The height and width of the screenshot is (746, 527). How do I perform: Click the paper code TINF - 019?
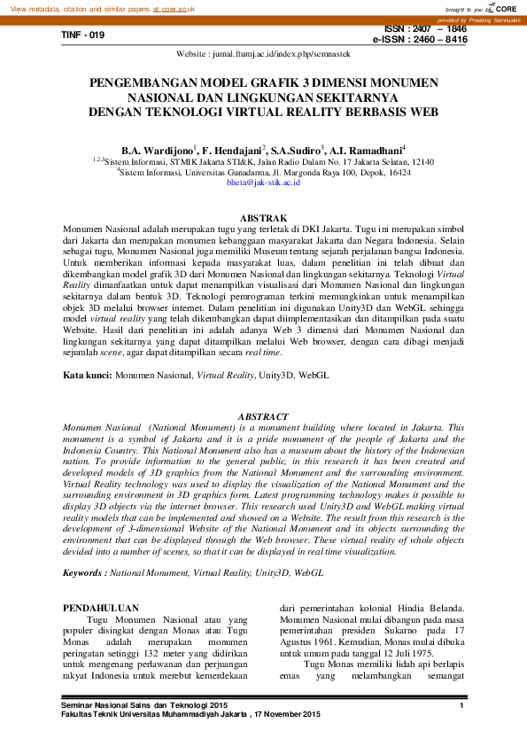[83, 35]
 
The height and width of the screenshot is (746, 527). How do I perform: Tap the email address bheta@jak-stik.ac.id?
[263, 182]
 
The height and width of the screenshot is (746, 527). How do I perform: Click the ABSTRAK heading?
[263, 218]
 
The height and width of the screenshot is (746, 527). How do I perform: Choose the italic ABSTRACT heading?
[263, 416]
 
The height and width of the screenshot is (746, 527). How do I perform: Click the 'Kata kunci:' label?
[87, 377]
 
